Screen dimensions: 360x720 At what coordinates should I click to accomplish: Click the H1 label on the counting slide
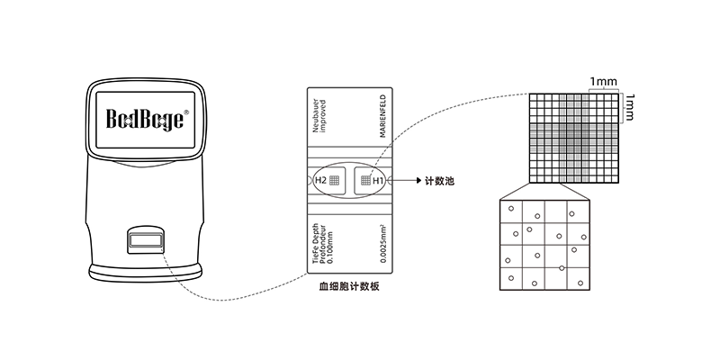pyautogui.click(x=378, y=180)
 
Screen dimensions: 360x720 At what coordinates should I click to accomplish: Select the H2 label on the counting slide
pyautogui.click(x=320, y=180)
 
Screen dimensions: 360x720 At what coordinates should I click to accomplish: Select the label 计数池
pyautogui.click(x=440, y=181)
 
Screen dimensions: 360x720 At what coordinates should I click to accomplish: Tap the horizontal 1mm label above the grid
pyautogui.click(x=603, y=83)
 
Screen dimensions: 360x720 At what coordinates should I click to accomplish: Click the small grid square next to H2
pyautogui.click(x=335, y=180)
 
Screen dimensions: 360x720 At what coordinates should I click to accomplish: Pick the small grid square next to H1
pyautogui.click(x=364, y=180)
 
